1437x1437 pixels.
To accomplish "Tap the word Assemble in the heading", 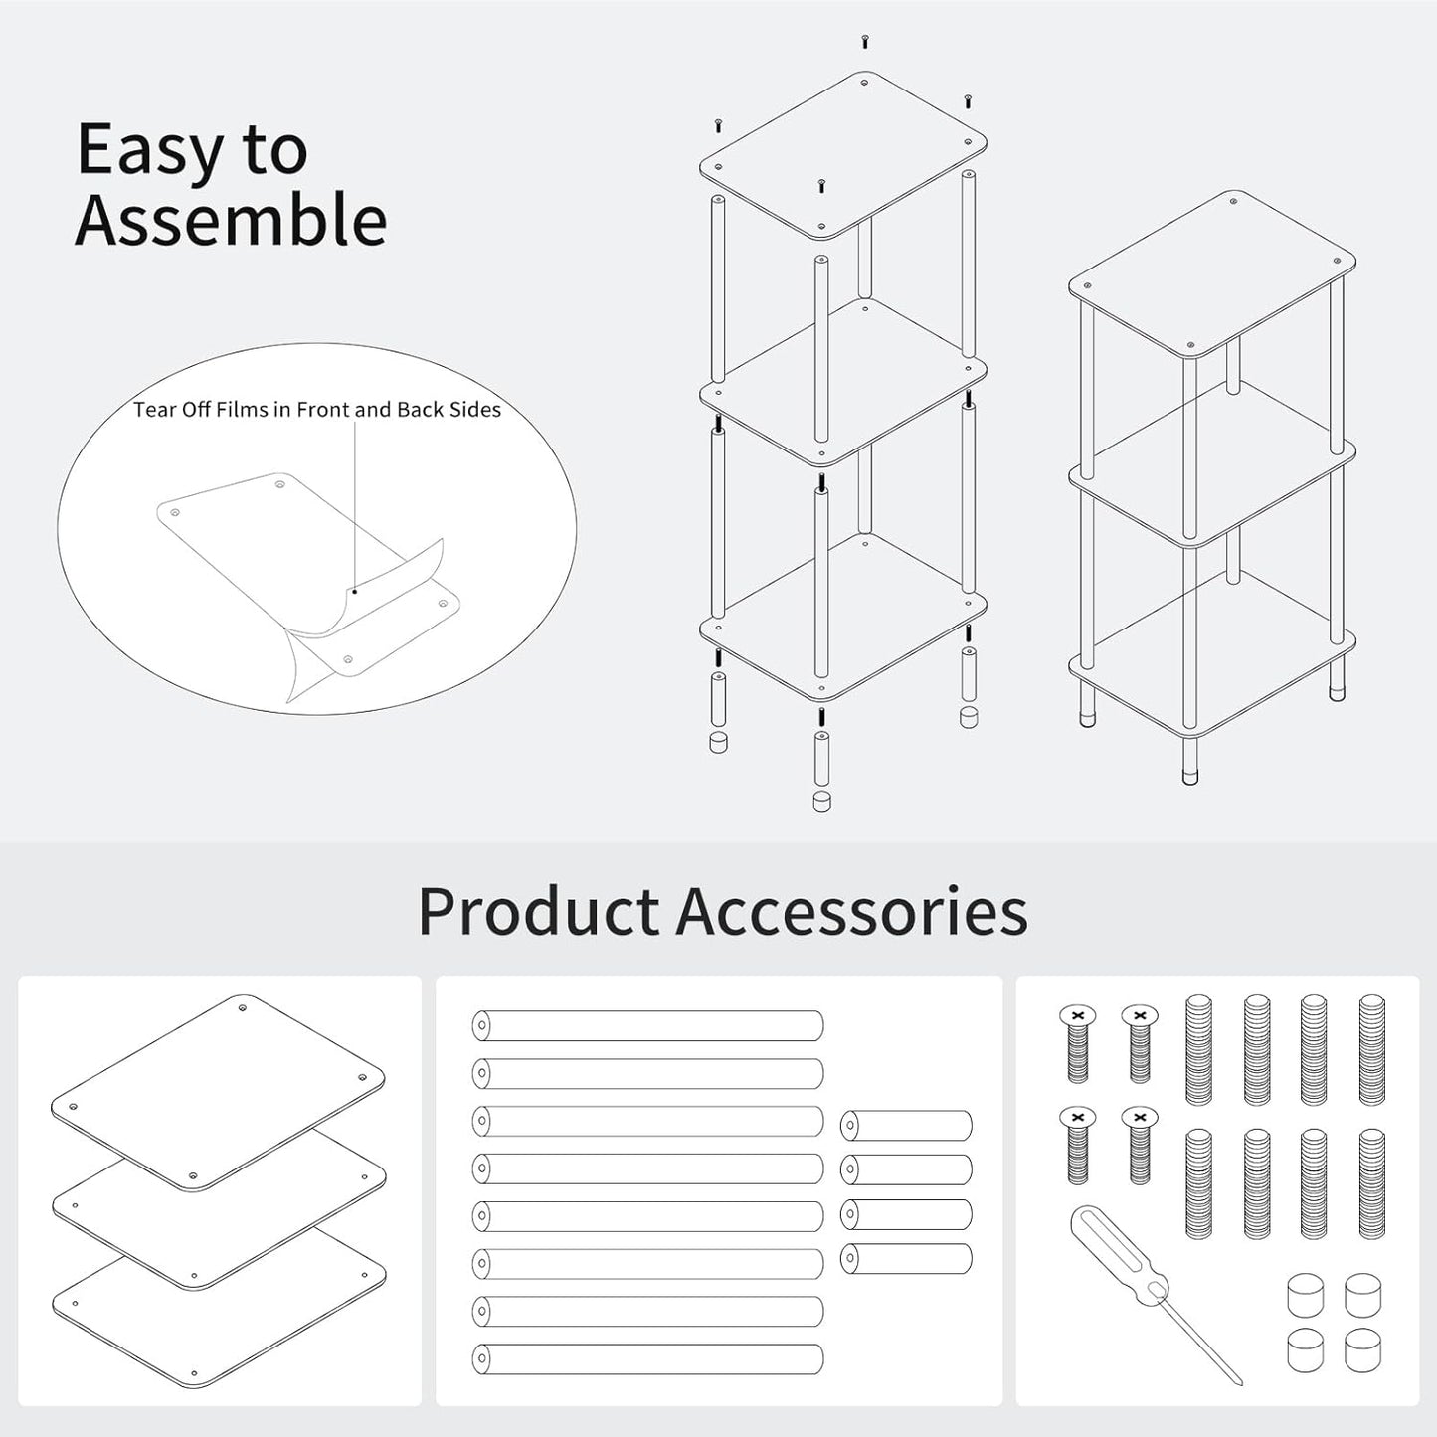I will pos(231,220).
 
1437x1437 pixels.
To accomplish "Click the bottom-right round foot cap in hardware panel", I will pos(1362,1350).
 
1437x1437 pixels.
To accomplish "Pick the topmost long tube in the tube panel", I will pos(647,1025).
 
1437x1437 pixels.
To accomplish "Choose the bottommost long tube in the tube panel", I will pos(647,1358).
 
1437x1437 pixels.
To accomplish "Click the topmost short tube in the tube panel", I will pos(906,1126).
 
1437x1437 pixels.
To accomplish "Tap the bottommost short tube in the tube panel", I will pos(906,1258).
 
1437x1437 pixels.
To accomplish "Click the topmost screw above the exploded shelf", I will pos(865,41).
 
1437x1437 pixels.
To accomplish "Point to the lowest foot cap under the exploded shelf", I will pos(821,802).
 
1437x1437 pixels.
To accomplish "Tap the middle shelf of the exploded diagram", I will pos(842,382).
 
